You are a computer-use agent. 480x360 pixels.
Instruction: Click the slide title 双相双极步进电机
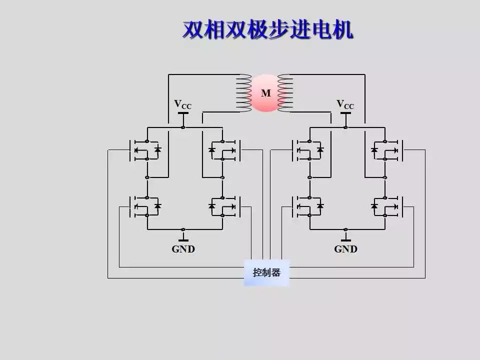point(267,30)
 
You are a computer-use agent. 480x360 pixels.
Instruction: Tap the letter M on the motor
point(265,93)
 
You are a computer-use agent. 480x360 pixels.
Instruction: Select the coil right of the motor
point(284,92)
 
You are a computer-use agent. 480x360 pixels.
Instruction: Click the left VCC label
point(182,104)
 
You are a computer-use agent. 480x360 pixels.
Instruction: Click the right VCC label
point(345,104)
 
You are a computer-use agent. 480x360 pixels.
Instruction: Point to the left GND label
point(183,249)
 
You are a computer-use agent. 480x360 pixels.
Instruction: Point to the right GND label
point(345,249)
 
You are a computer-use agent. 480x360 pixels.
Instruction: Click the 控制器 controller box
point(266,272)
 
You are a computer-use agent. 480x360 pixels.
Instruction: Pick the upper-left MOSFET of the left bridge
point(145,149)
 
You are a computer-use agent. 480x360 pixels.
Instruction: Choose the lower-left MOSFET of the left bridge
point(145,206)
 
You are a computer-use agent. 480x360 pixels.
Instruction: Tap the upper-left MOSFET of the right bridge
point(307,149)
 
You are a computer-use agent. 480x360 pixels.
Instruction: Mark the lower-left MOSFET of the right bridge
point(307,206)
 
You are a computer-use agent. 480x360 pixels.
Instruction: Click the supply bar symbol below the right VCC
point(345,113)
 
